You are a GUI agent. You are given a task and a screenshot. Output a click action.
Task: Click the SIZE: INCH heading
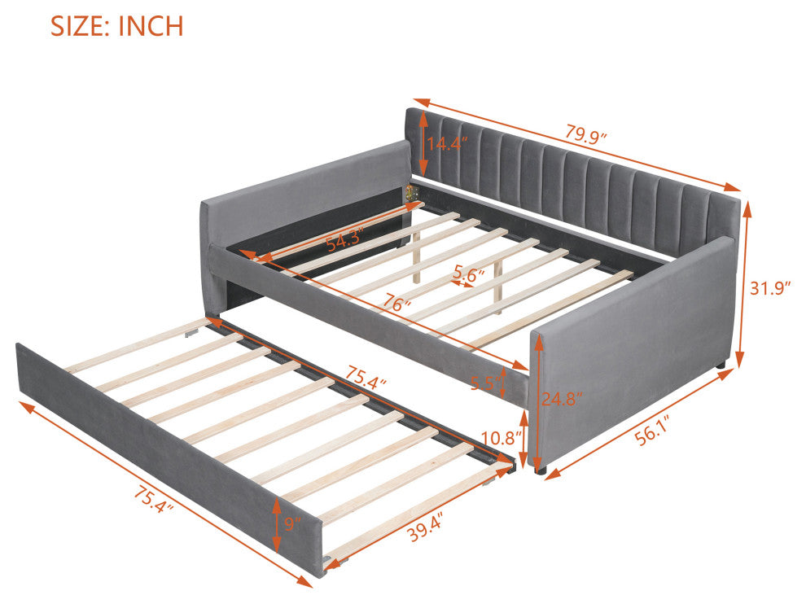[x=116, y=26]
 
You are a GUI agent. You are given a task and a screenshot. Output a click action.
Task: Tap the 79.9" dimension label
[x=586, y=134]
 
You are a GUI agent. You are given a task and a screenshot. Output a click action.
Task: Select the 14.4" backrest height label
[x=447, y=143]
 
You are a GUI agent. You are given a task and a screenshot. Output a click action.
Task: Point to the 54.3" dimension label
[x=345, y=239]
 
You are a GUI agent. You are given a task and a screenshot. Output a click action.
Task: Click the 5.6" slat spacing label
[x=469, y=274]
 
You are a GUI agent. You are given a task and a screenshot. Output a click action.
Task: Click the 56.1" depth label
[x=653, y=433]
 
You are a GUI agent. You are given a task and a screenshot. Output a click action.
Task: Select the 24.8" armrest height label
[x=563, y=398]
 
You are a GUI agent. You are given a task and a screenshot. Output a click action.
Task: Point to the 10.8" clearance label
[x=502, y=438]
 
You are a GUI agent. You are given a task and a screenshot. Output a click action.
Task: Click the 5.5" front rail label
[x=485, y=383]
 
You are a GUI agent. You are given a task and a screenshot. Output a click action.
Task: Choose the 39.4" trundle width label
[x=426, y=527]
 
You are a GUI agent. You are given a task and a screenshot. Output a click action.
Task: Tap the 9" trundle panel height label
[x=292, y=524]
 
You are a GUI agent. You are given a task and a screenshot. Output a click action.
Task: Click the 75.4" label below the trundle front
[x=154, y=500]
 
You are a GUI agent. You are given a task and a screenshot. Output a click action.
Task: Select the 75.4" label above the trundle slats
[x=366, y=377]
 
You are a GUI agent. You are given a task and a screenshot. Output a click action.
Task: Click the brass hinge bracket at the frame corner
[x=410, y=193]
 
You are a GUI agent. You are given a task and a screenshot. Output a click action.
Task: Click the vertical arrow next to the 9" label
[x=277, y=524]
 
